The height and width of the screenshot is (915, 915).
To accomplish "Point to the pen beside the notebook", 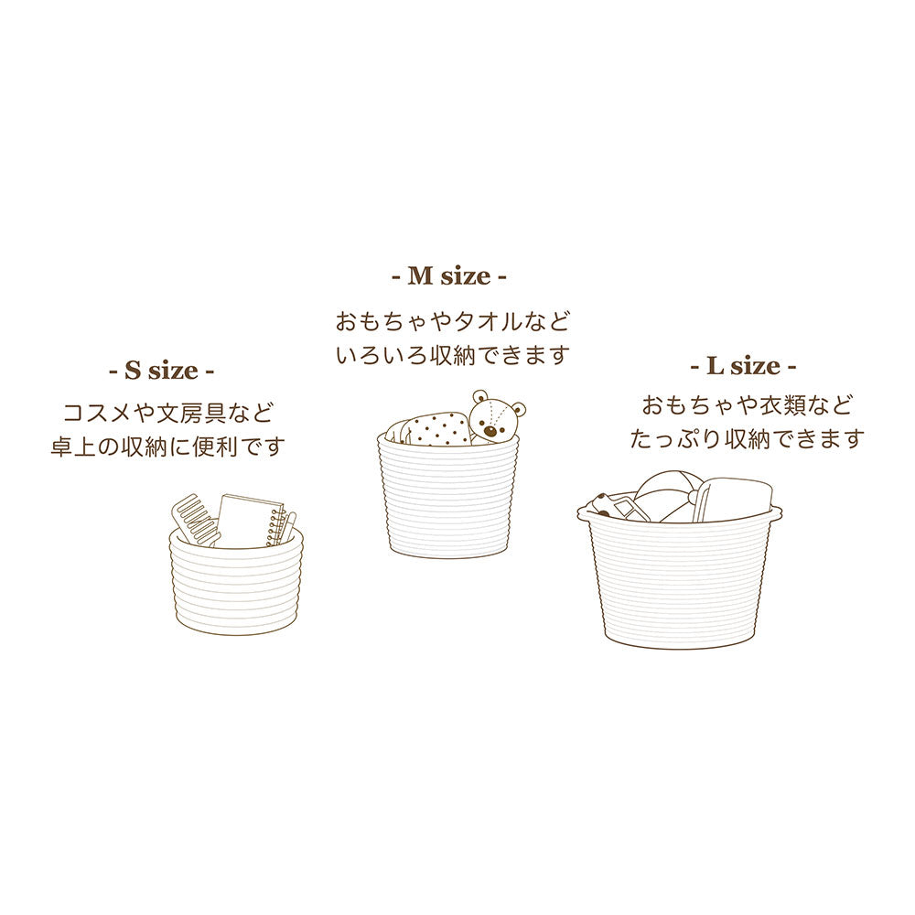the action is pos(289,529).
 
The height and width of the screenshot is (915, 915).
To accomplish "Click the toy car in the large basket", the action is pos(613,507).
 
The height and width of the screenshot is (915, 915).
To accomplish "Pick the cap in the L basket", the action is pos(665,498).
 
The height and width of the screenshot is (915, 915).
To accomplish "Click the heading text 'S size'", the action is pos(162,371).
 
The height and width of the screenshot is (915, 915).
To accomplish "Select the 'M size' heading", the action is pos(448,276).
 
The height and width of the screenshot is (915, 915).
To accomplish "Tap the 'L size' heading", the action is pos(743,366).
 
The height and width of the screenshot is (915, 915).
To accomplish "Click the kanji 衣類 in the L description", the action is pos(782,405).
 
